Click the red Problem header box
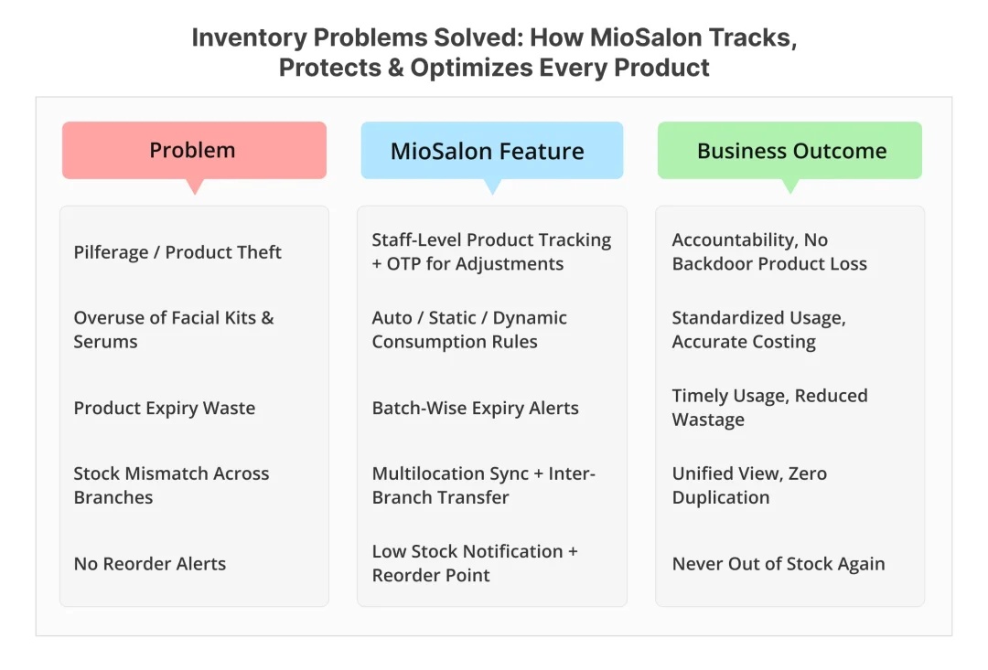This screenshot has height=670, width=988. [194, 151]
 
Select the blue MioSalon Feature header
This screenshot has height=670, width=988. [491, 151]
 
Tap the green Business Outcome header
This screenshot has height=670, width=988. [790, 151]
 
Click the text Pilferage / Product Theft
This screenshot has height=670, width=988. [177, 252]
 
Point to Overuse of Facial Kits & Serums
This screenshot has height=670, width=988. [174, 330]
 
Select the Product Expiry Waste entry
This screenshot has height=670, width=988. [165, 408]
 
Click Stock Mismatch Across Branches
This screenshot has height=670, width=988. [171, 485]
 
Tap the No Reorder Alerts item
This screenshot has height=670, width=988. [150, 563]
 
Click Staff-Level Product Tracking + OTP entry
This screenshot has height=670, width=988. [491, 251]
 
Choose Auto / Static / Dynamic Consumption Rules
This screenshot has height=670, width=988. [469, 330]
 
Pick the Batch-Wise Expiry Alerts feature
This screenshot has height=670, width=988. [475, 408]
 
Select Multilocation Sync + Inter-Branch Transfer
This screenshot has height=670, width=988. [483, 485]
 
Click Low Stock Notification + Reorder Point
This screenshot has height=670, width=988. [475, 563]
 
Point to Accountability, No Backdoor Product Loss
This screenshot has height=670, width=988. [768, 251]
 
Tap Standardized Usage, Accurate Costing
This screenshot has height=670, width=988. [758, 330]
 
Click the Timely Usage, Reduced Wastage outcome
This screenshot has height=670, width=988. [769, 408]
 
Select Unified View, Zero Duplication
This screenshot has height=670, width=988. [749, 485]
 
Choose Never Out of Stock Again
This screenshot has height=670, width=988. [779, 563]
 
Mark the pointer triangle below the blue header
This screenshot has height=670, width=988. [492, 186]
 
